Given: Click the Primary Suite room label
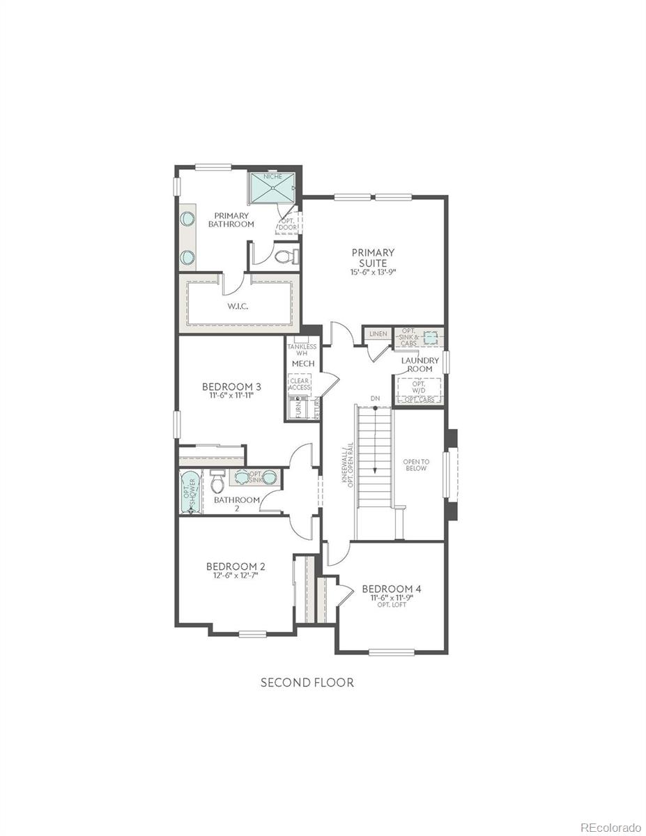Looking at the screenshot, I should (x=373, y=257).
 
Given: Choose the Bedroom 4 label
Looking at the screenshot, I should (x=391, y=589).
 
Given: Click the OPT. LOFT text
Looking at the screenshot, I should (x=391, y=605).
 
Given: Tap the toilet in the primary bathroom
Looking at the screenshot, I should (x=286, y=256).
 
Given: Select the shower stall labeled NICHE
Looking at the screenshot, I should (x=272, y=187).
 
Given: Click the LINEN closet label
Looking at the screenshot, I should (x=378, y=334).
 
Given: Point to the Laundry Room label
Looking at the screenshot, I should (x=420, y=364).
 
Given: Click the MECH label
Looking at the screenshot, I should (x=303, y=364).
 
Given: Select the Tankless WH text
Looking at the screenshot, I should (x=302, y=350).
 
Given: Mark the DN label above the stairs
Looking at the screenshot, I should (x=376, y=398).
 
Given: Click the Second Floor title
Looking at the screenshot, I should (x=307, y=683).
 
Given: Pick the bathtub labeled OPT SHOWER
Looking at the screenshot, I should (x=190, y=492).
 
